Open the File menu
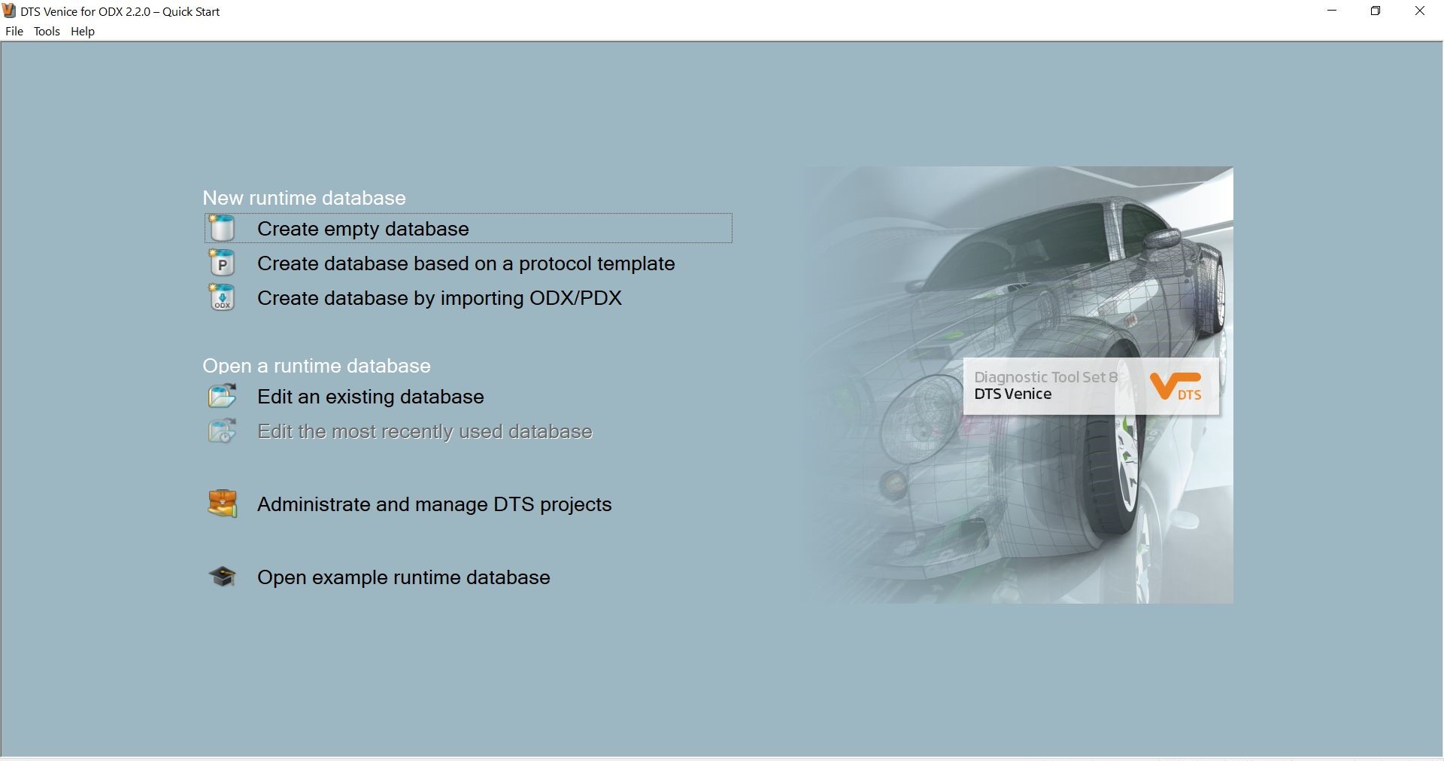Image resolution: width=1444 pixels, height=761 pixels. (x=14, y=32)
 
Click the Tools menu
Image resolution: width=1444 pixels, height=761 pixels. (x=47, y=32)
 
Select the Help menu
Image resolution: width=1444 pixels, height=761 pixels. (x=83, y=32)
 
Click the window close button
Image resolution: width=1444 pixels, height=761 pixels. (x=1420, y=11)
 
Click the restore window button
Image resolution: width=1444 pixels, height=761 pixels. (x=1376, y=11)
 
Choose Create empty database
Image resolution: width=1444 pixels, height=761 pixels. (x=363, y=229)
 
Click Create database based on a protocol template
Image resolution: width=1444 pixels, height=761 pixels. (x=466, y=263)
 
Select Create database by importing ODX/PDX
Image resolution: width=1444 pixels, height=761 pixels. (x=439, y=298)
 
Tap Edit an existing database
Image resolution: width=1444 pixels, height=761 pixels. (x=370, y=397)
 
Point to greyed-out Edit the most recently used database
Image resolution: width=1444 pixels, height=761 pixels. (x=425, y=431)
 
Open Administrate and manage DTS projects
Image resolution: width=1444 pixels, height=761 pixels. (x=434, y=504)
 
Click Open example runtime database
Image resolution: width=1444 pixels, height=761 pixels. (x=403, y=577)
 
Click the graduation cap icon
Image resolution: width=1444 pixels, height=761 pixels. (x=222, y=577)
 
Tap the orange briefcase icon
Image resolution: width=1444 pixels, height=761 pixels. (x=222, y=504)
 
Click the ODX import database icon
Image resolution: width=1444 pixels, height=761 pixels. (x=222, y=297)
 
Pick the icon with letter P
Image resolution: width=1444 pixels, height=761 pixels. (x=222, y=263)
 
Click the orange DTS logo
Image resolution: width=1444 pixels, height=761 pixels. (x=1176, y=386)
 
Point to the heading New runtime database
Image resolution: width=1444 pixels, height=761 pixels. (x=304, y=198)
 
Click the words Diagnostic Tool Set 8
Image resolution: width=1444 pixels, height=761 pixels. (x=1045, y=377)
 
